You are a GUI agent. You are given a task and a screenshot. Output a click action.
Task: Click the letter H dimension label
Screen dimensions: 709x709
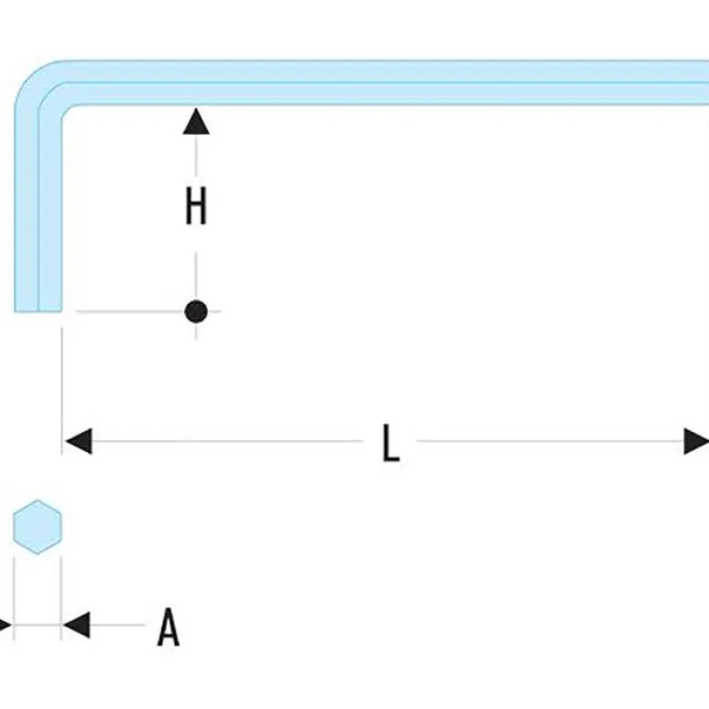(195, 207)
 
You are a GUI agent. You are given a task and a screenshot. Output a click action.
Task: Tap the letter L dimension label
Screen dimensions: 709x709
(391, 443)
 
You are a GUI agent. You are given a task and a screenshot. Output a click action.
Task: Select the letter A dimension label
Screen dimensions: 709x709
(168, 627)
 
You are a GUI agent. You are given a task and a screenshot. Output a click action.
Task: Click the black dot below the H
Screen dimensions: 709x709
(195, 311)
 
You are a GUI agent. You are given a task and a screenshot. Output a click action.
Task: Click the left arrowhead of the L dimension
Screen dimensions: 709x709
(77, 441)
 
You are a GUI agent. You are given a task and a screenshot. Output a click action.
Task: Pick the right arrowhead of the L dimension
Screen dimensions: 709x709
(695, 441)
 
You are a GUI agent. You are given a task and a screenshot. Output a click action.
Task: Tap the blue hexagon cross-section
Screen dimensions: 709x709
(37, 528)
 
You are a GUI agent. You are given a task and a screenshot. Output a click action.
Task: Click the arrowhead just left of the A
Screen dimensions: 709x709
(76, 625)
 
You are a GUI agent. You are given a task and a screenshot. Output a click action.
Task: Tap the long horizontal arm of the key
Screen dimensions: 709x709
(387, 83)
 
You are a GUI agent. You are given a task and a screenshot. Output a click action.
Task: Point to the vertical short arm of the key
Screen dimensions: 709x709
(38, 203)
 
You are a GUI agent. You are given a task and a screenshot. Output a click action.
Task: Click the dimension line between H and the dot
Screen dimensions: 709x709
(195, 267)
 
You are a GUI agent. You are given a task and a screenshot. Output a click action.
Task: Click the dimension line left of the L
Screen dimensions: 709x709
(230, 441)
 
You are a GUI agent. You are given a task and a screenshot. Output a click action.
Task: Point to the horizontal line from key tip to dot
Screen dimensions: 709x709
(129, 311)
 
